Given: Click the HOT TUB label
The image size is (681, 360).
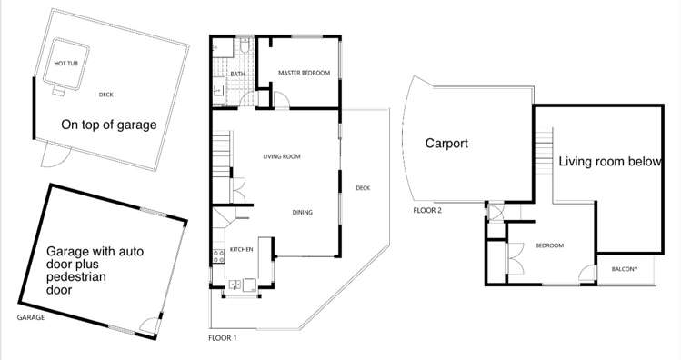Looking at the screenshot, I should [66, 64].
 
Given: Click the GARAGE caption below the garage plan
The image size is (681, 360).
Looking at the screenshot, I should [33, 319].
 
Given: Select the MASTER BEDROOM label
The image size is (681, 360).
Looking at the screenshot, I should [303, 73].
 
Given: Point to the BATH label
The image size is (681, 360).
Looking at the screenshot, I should [237, 75].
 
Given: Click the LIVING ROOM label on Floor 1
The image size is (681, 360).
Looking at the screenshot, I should [282, 157].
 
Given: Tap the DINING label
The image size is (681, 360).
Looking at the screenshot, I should [302, 213].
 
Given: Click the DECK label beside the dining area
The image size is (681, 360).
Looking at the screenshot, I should [363, 188].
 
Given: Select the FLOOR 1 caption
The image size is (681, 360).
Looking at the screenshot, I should [223, 337].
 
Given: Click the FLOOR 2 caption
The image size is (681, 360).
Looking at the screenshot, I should [426, 210].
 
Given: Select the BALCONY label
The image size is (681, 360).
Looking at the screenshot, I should [624, 269].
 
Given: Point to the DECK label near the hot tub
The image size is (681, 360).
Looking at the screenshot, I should [106, 94].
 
